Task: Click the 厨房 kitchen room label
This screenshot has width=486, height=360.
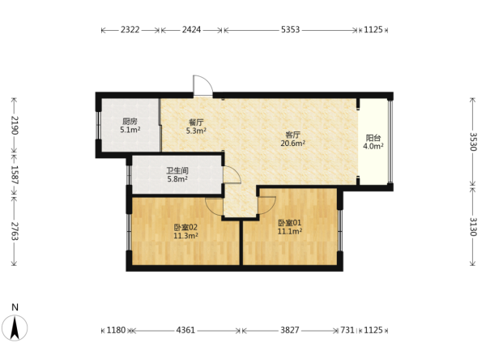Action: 130,121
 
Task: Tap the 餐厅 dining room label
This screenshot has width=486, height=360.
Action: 196,122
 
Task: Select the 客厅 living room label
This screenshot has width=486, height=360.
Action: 292,135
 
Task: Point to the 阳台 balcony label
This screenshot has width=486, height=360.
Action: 373,138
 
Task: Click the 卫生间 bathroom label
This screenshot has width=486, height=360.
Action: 177,170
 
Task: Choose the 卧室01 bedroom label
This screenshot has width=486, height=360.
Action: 289,223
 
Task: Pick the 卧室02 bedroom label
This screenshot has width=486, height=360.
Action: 185,227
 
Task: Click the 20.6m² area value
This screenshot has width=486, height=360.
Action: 292,143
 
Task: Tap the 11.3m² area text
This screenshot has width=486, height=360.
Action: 185,236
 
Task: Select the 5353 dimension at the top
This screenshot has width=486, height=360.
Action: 291,30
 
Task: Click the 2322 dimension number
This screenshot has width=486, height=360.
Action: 130,30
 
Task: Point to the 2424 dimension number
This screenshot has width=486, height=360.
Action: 191,30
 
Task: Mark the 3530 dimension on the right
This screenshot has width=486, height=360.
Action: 473,142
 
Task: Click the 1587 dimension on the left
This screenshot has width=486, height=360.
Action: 15,174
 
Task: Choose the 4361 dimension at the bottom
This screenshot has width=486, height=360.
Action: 185,330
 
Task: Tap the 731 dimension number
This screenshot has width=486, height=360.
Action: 347,330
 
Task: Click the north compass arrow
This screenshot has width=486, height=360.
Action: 15,328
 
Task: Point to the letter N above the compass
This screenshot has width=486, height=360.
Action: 15,307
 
